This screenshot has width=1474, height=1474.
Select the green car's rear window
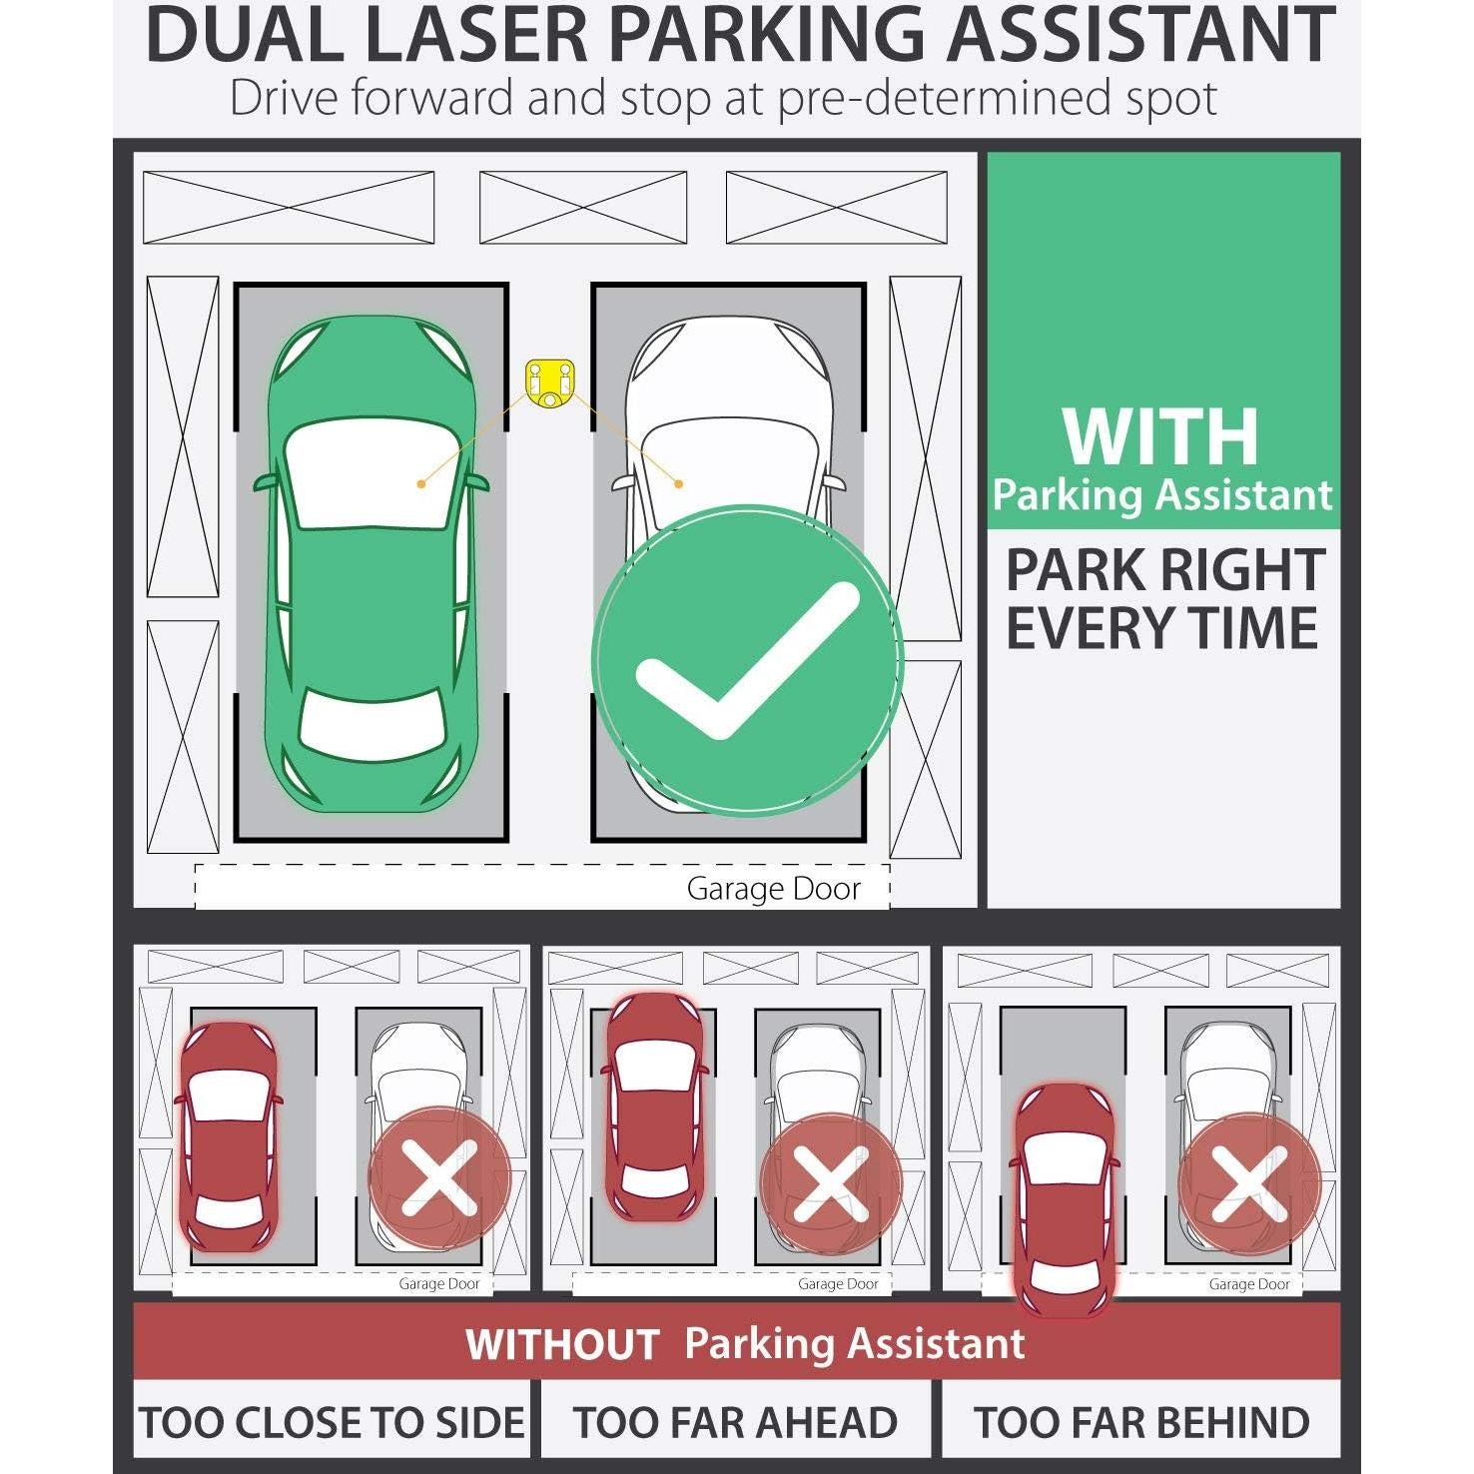coord(370,721)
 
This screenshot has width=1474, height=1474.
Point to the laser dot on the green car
coord(421,483)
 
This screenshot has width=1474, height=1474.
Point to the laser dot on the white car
coord(678,483)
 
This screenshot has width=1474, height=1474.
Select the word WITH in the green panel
coord(1159,436)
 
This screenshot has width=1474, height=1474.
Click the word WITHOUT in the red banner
coord(561,1344)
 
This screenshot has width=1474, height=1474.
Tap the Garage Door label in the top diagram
coord(773,889)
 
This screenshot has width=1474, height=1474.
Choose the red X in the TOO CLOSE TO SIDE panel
coord(439,1178)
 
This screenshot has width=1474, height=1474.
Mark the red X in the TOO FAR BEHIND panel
coord(1248,1184)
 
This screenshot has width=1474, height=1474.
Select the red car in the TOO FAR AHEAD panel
coord(654,1106)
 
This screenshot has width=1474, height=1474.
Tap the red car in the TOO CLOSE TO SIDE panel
coord(228,1136)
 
